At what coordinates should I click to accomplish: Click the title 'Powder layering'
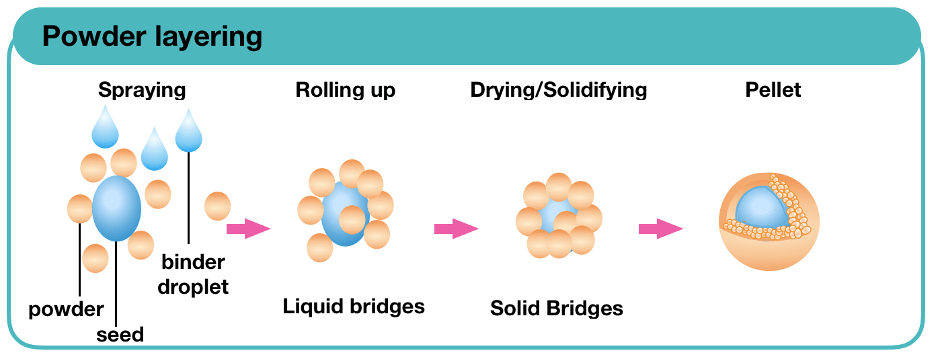point(152,37)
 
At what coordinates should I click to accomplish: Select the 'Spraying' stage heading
point(142,90)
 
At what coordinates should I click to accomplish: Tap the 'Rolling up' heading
point(346,90)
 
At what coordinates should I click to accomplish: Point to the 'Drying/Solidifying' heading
point(559,90)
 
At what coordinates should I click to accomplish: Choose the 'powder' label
point(66,310)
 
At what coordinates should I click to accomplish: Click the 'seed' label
point(120,334)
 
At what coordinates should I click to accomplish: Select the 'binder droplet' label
point(193,274)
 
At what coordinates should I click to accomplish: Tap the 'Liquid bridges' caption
point(354,307)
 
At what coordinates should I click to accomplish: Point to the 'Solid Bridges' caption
point(557,308)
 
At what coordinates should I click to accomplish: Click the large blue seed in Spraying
point(116,208)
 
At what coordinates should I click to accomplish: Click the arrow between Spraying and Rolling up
point(248,229)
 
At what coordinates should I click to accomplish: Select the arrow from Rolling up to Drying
point(456,229)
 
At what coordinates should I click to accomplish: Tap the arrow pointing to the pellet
point(661,229)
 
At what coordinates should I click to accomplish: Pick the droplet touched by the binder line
point(188,132)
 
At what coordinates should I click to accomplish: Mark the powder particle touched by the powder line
point(79,209)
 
